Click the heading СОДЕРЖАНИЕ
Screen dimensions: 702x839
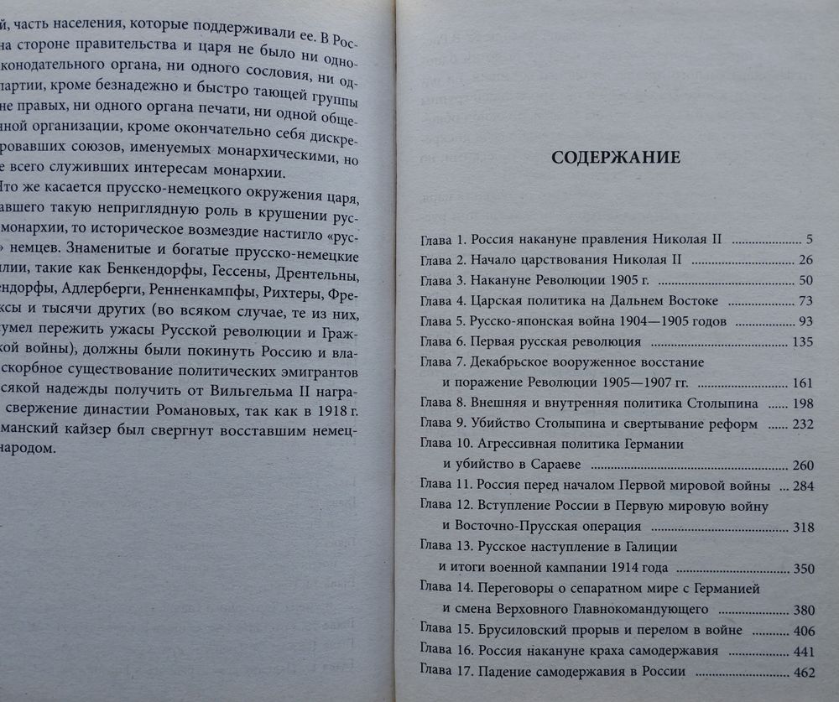click(615, 158)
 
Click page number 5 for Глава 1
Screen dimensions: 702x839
click(808, 238)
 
